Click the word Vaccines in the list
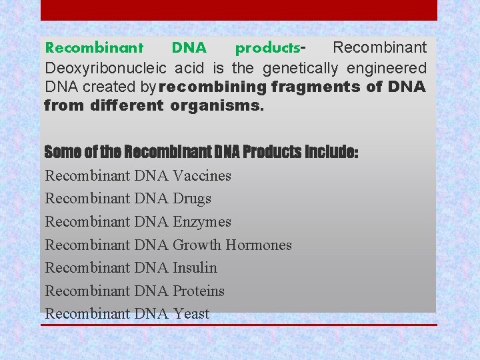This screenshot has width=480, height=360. pos(202,176)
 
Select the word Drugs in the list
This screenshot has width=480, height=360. pos(192,199)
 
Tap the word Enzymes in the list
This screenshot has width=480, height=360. pos(202,222)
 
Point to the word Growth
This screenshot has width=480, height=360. pos(197,245)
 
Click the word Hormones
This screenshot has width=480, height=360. pos(259,245)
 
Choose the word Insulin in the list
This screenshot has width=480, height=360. pos(195,268)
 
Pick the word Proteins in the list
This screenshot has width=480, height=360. pos(199,291)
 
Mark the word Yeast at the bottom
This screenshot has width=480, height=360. pos(191,314)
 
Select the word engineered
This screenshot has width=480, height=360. pos(391,68)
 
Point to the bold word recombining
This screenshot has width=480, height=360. pos(213,87)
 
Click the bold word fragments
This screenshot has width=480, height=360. pos(316,87)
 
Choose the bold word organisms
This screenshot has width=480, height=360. pos(217,105)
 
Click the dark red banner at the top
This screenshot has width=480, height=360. pos(239,10)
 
